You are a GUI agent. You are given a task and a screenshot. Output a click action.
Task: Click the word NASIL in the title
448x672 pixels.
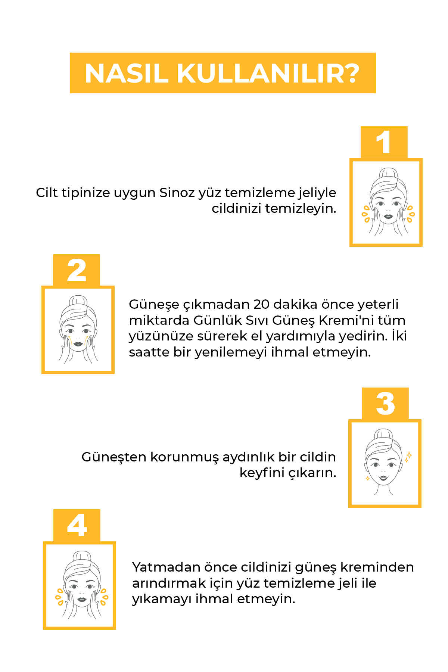127,73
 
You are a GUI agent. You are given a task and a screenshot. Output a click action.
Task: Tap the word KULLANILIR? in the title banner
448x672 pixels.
268,73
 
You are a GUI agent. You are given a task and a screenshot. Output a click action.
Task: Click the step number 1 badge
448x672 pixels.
384,143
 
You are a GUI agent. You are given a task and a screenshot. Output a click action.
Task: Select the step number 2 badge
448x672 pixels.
77,271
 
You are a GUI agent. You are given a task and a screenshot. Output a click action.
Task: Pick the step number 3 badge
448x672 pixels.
385,404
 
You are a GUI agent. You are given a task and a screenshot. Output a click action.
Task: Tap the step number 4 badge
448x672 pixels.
77,526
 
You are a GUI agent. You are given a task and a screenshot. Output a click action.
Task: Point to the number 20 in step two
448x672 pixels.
261,304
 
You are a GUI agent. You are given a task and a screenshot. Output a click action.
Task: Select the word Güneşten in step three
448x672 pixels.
114,457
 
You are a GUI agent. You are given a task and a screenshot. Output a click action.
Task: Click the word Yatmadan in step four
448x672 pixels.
167,567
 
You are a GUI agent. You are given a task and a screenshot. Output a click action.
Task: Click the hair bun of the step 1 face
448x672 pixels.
388,174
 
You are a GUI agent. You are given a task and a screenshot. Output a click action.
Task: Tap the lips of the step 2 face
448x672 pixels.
78,344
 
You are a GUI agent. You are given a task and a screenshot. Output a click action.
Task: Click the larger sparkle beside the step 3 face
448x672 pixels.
409,455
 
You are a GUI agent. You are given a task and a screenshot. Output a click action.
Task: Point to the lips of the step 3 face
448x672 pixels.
383,477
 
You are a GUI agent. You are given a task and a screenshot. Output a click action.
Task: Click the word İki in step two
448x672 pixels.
399,336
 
